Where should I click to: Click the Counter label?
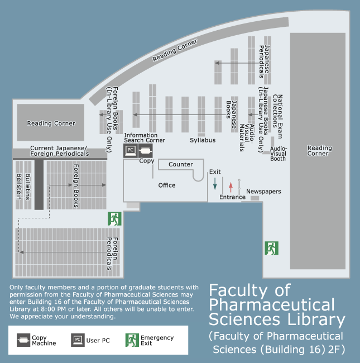pos(181,164)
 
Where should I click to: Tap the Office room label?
pos(166,185)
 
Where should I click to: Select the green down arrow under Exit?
pos(215,184)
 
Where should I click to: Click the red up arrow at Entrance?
pos(231,187)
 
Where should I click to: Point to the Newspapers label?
pos(263,192)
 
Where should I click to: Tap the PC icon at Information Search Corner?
pos(131,150)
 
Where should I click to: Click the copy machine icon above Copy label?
pos(145,150)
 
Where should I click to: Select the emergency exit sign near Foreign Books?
pos(114,219)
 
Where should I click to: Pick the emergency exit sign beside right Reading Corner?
pos(272,248)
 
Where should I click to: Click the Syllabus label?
pos(203,140)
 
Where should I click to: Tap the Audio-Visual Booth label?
pos(278,154)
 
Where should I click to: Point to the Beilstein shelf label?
pos(19,187)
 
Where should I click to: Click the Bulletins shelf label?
pos(28,187)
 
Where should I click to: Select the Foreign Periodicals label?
pos(112,254)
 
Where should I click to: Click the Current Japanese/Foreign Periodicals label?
pos(60,151)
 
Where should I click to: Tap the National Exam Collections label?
pos(277,117)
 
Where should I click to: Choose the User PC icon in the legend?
pos(78,340)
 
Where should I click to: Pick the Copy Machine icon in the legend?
pos(23,340)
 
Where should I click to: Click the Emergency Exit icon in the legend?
pos(132,340)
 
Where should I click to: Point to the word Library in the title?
pos(316,319)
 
